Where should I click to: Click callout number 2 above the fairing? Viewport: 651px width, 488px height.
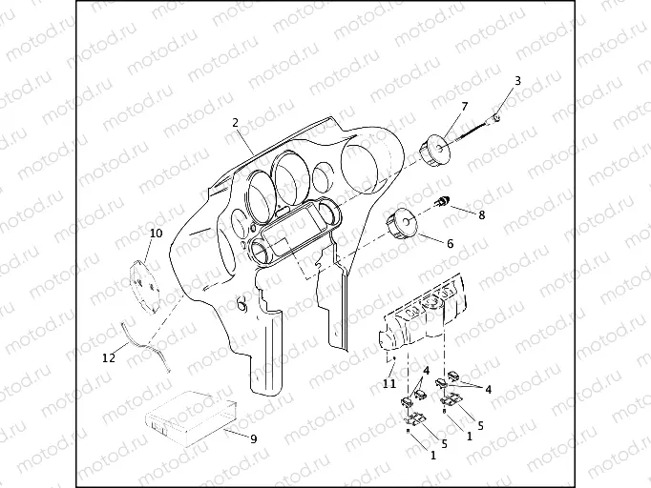[x=236, y=123]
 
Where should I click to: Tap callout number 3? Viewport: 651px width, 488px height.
[x=517, y=81]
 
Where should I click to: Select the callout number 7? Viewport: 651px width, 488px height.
[x=464, y=107]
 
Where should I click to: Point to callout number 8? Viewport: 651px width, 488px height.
[x=482, y=215]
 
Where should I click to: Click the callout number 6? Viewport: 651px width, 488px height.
[x=450, y=243]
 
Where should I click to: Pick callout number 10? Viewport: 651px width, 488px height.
[x=156, y=234]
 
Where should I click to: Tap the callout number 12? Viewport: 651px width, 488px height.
[x=109, y=357]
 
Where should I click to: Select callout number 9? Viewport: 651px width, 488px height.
[x=253, y=438]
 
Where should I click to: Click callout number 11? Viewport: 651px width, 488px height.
[x=389, y=384]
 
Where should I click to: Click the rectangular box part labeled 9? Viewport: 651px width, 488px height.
[x=191, y=417]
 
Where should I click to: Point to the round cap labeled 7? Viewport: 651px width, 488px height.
[x=434, y=150]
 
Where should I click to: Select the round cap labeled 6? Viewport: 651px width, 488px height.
[x=402, y=223]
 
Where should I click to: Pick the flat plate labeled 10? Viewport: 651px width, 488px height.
[x=144, y=287]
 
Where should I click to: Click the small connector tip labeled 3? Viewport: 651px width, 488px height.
[x=494, y=118]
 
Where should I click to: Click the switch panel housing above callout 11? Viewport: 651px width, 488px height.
[x=425, y=315]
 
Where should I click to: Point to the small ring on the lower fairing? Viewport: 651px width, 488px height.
[x=241, y=305]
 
